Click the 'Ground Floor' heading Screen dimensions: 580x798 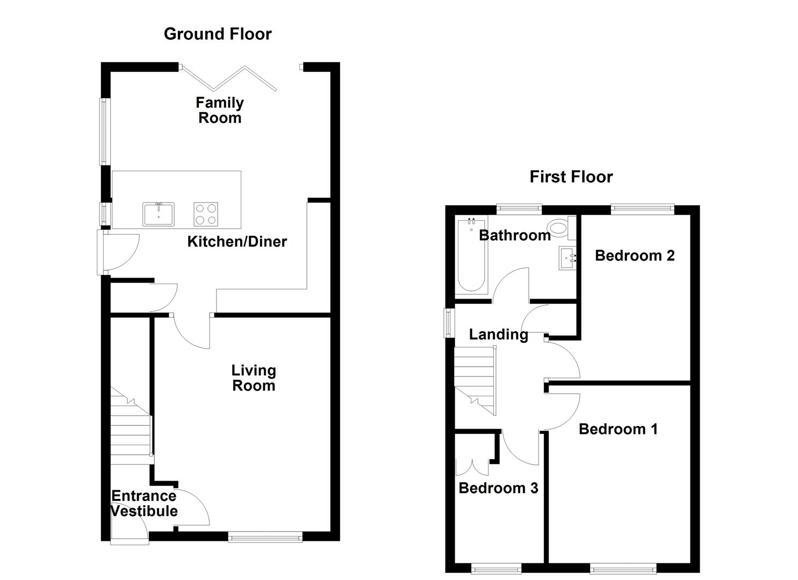pos(218,34)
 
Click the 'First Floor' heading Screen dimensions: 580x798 pos(571,177)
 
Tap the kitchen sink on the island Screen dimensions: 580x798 pos(159,214)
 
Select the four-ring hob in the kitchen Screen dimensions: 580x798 pos(206,214)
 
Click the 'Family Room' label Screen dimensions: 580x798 pos(220,110)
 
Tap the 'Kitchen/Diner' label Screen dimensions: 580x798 pos(237,242)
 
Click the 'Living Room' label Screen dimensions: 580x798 pos(254,378)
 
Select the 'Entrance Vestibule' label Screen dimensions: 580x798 pos(144,503)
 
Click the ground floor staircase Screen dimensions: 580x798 pos(131,430)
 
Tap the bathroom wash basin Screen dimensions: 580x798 pos(567,258)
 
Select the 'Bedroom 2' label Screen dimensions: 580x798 pos(635,256)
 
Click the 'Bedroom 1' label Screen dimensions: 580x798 pos(618,429)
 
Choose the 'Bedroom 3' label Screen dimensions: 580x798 pos(498,488)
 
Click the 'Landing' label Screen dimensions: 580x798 pos(498,335)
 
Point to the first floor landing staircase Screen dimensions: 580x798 pos(475,380)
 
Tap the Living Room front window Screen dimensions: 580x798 pos(265,536)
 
